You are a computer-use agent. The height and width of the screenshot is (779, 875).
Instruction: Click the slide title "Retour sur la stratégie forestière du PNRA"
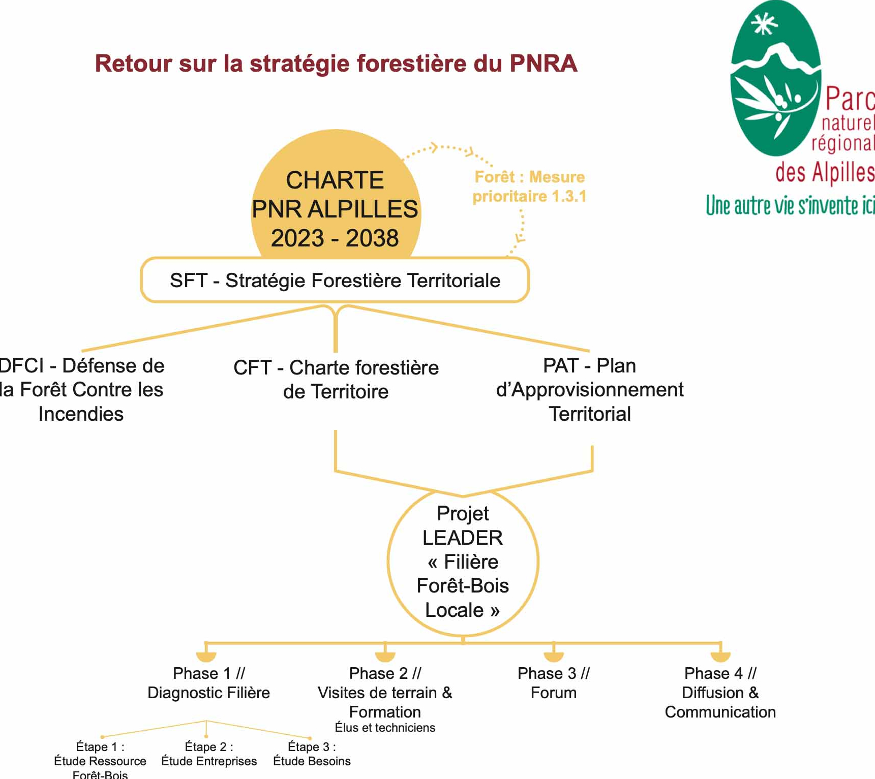(336, 64)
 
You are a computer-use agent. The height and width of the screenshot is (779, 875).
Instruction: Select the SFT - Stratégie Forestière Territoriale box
(335, 281)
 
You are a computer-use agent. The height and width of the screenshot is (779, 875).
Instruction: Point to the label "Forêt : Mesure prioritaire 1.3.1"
(529, 186)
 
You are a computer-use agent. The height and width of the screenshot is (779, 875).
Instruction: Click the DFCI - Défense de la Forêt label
(81, 389)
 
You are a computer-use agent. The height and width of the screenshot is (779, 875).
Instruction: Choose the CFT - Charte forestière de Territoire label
(336, 379)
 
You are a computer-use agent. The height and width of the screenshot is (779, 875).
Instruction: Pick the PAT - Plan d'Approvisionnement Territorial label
(589, 389)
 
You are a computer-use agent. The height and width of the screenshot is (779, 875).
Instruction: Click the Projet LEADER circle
(463, 562)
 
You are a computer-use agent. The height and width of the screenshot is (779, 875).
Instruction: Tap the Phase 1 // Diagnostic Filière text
(208, 683)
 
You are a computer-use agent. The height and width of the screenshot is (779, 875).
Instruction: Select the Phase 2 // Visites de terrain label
(385, 692)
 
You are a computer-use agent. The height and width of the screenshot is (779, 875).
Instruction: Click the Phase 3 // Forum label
(553, 683)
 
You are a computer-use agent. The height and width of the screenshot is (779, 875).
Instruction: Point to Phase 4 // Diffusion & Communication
(720, 692)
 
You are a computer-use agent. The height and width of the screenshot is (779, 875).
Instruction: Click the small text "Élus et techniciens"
(385, 728)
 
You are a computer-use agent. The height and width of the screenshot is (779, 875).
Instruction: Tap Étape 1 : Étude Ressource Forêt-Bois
(100, 761)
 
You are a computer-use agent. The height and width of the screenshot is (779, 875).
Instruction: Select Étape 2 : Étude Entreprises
(209, 754)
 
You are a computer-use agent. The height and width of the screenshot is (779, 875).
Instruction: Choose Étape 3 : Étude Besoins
(312, 754)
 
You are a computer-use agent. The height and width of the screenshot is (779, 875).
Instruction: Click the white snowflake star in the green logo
(764, 23)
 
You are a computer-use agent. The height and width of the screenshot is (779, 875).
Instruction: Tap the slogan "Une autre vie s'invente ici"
(790, 206)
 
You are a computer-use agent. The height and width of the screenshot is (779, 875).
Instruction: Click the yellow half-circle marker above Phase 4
(720, 657)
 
